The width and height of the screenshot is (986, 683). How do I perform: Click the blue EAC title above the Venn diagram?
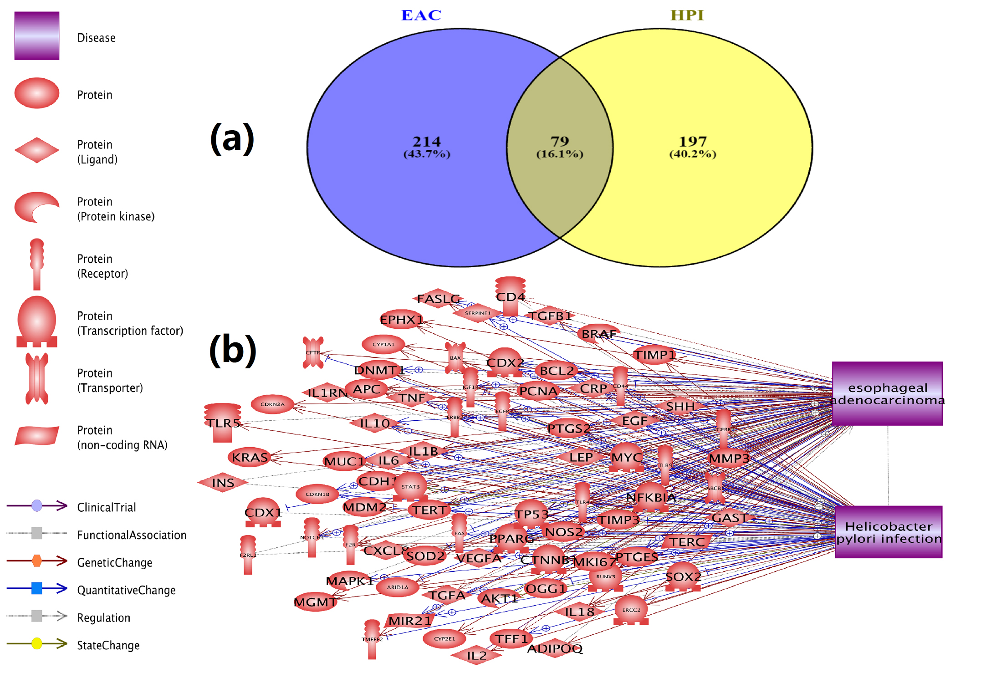[421, 15]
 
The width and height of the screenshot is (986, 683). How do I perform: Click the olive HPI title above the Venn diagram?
[687, 15]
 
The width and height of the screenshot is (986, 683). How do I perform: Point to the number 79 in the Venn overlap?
[560, 142]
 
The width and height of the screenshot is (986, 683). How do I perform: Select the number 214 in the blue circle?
[427, 142]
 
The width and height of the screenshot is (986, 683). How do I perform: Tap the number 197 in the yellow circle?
[693, 142]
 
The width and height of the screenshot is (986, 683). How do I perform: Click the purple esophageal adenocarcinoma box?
[887, 393]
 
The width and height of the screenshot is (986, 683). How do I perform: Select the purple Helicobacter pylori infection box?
[889, 532]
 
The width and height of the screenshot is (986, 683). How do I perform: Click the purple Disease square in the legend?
[37, 36]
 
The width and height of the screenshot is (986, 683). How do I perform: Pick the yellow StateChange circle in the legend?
[37, 643]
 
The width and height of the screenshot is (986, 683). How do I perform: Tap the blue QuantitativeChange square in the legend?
[37, 588]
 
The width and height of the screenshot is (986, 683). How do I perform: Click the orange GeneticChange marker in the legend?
[37, 561]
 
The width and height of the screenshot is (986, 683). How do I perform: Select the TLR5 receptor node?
[223, 423]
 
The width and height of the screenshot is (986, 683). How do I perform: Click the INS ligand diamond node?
[223, 483]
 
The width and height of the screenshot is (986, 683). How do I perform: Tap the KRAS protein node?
[250, 457]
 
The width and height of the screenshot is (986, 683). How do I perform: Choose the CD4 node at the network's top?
[510, 296]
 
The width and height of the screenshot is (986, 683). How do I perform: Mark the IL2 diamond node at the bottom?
[476, 655]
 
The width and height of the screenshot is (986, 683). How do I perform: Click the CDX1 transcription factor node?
[263, 513]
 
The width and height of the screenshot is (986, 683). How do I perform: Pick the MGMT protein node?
[315, 602]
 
